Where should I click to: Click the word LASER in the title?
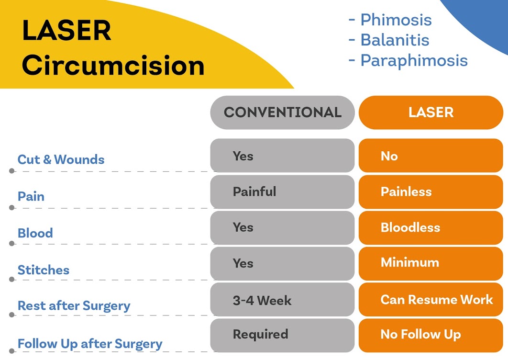pos(66,31)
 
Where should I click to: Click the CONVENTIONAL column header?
pos(282,112)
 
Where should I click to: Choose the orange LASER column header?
pos(431,112)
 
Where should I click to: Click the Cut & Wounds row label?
pos(61,159)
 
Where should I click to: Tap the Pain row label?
pos(31,196)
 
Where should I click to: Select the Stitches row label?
pos(44,270)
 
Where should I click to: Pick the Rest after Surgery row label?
pos(74,306)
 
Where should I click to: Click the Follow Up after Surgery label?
pos(90,344)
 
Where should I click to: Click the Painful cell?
pos(282,192)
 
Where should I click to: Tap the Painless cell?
pos(431,192)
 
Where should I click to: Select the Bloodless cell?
pos(431,227)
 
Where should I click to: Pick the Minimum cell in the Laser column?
pos(431,263)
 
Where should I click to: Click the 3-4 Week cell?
pos(282,300)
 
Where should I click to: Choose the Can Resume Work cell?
pos(431,300)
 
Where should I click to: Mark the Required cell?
pos(282,334)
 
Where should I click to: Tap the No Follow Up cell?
pos(431,335)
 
